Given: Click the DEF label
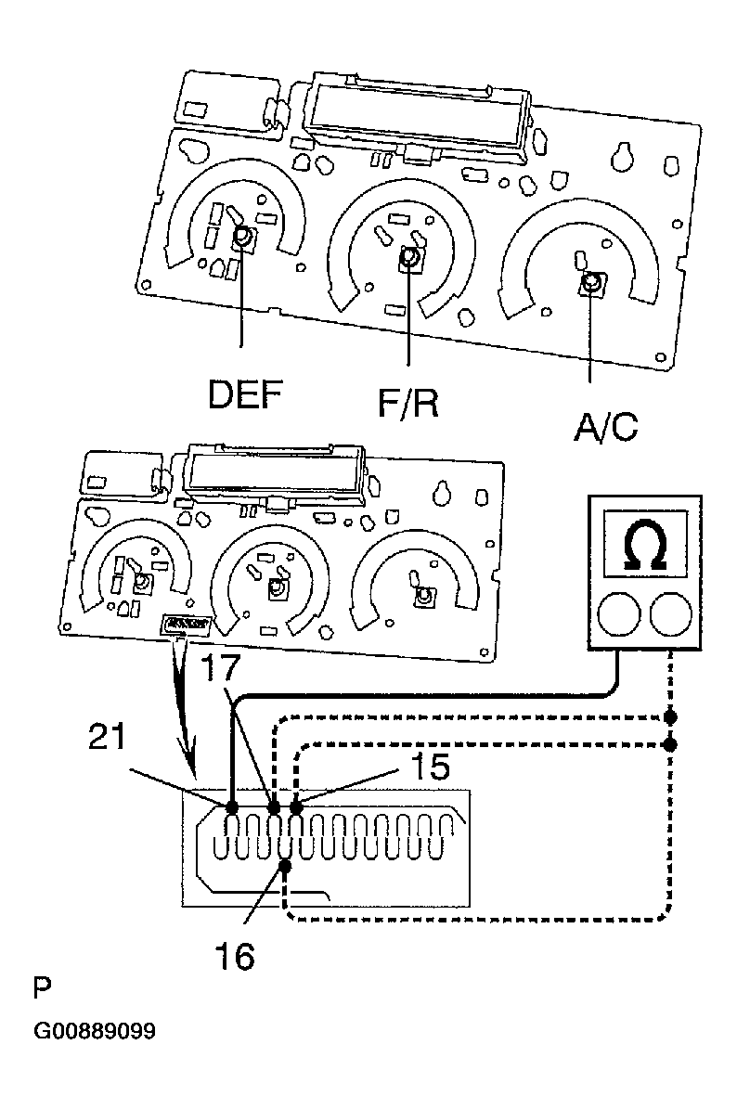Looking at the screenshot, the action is tap(245, 394).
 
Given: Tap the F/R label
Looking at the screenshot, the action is tap(408, 404).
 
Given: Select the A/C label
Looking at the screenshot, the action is tap(605, 427).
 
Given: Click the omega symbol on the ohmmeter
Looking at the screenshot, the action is tap(645, 546).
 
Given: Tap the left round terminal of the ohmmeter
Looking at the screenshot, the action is tap(619, 613).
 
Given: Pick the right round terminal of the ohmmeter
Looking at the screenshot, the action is tap(670, 613).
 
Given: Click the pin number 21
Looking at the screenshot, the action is tap(107, 736).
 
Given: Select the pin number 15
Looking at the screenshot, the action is tap(430, 767).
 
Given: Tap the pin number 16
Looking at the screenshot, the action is tap(235, 957).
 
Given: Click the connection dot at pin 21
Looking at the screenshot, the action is tap(232, 806).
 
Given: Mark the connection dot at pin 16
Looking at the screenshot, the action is tap(285, 867).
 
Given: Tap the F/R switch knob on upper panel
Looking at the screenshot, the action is tap(409, 259).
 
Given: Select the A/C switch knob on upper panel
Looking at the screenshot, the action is tap(591, 284).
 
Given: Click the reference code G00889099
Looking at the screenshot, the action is tap(95, 1030).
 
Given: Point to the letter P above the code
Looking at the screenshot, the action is tap(42, 987).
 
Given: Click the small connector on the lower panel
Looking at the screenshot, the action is tap(188, 624).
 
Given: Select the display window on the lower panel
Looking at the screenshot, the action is tap(275, 474).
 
